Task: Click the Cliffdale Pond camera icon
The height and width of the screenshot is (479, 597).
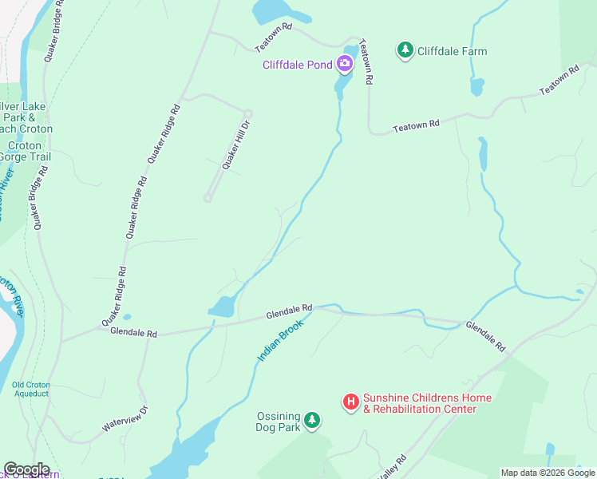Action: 346,63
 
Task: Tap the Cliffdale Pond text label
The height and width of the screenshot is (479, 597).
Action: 297,65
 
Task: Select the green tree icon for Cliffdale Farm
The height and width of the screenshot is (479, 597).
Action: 405,51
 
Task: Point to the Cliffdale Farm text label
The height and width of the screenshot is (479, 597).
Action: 453,52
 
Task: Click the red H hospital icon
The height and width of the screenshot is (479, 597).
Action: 350,402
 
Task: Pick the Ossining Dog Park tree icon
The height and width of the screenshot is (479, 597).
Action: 312,420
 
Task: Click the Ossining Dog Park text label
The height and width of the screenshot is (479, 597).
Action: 278,422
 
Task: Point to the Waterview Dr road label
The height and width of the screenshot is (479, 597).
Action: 125,420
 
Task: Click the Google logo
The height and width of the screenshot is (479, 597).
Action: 26,469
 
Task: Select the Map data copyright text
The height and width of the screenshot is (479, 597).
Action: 547,473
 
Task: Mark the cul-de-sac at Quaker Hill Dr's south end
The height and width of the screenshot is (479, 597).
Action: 208,198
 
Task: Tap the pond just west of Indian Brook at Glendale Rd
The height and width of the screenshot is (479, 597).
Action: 223,307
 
